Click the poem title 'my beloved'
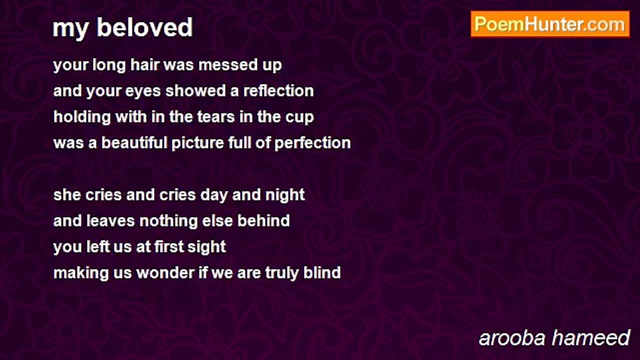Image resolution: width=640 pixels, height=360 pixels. (x=122, y=27)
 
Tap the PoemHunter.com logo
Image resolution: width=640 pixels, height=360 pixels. (x=549, y=24)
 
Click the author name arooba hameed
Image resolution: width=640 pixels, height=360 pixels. (x=554, y=338)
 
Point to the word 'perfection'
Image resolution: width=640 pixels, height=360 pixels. (x=312, y=143)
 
